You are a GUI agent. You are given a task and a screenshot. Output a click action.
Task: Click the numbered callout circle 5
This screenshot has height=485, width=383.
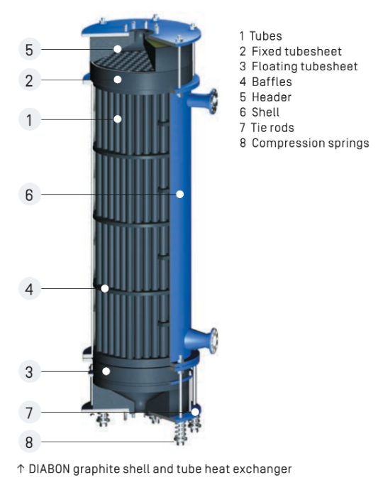point(29,49)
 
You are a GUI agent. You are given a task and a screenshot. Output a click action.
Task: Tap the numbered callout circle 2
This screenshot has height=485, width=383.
point(29,80)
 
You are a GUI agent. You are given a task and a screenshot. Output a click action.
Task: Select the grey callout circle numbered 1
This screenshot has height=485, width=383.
point(29,119)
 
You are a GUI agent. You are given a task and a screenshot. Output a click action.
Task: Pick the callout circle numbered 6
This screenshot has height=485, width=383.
point(29,195)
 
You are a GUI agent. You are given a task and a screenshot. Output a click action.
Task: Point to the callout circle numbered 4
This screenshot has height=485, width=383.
point(29,288)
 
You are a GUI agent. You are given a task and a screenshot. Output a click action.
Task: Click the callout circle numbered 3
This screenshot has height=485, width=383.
point(29,371)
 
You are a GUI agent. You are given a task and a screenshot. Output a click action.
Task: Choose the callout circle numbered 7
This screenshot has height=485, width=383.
point(29,412)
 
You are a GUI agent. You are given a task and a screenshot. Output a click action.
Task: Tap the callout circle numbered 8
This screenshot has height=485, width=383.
point(29,442)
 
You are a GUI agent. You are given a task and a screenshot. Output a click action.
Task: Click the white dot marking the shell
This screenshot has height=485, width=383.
point(179,194)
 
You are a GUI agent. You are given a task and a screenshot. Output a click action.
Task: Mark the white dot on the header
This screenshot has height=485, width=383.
point(117,49)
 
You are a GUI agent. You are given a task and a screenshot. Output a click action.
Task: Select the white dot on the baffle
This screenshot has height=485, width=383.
point(105,288)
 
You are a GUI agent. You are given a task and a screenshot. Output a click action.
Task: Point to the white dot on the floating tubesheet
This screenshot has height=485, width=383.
point(106,371)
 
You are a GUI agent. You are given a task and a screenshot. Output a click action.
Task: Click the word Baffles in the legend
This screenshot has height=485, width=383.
point(272,82)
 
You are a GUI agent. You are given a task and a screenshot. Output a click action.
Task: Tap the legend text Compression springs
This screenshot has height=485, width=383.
point(311,143)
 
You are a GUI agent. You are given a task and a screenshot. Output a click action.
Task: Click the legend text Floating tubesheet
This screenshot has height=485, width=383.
point(304,66)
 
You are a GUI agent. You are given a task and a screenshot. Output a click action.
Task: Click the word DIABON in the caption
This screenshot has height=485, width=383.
point(50,469)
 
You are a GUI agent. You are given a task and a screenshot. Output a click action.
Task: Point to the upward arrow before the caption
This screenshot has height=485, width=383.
point(21,469)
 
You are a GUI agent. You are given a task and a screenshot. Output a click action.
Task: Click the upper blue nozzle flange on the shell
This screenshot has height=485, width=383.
point(213,101)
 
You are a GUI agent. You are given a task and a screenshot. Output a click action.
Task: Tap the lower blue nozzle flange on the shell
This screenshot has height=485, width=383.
point(213,340)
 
